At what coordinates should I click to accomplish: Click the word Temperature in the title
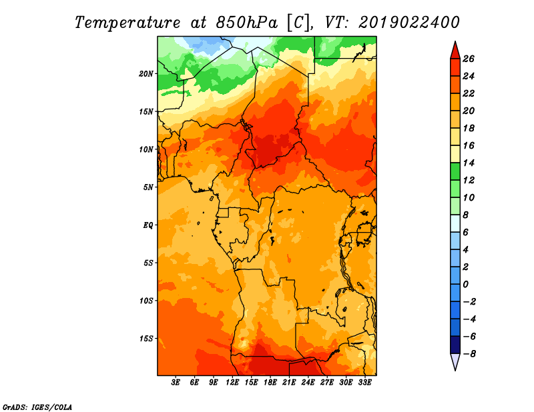[x=127, y=23]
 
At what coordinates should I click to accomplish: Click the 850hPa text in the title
[x=246, y=23]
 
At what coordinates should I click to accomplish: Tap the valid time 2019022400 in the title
[x=409, y=23]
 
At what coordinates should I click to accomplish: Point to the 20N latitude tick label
[x=146, y=74]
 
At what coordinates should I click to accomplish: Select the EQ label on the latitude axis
[x=148, y=225]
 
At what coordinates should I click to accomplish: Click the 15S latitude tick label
[x=146, y=339]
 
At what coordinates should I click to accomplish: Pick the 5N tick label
[x=148, y=187]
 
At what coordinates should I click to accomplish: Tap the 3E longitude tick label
[x=176, y=383]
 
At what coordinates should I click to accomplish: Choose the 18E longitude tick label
[x=270, y=383]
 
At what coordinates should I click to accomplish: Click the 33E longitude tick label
[x=364, y=383]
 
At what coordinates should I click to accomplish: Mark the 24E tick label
[x=308, y=383]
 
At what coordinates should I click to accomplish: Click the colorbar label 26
[x=469, y=59]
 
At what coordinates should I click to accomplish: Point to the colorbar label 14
[x=469, y=163]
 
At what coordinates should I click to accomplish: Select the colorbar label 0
[x=465, y=284]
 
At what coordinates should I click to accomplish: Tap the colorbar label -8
[x=469, y=354]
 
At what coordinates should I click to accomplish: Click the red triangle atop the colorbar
[x=455, y=51]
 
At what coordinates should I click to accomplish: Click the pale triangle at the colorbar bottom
[x=455, y=361]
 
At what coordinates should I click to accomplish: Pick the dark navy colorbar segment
[x=455, y=345]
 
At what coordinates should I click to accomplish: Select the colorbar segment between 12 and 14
[x=455, y=172]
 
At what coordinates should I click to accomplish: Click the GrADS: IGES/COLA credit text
[x=37, y=407]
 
